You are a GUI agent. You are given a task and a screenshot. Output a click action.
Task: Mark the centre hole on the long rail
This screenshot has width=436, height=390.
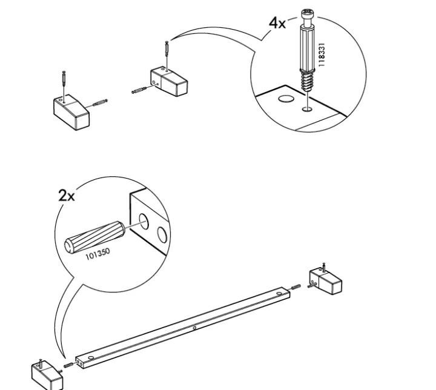click(194, 329)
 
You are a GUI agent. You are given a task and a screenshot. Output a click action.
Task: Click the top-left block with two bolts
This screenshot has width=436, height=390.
click(71, 111)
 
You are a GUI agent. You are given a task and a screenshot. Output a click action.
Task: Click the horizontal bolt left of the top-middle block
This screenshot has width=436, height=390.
click(140, 90)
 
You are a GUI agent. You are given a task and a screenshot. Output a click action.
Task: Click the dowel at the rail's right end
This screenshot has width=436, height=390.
click(297, 286)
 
